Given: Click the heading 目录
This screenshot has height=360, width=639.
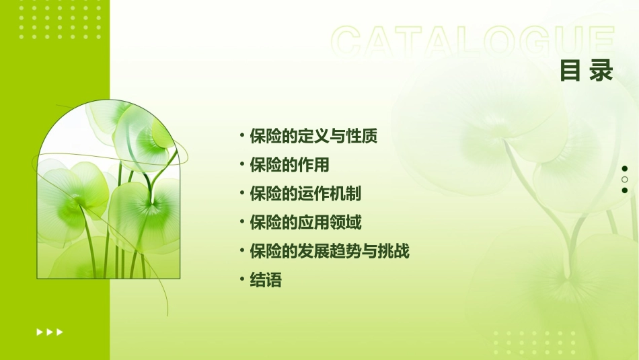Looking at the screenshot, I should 587,71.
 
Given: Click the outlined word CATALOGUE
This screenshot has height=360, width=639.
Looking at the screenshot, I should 473,42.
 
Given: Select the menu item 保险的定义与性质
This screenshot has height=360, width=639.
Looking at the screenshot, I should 313,137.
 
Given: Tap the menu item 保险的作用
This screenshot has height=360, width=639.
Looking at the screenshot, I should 289,165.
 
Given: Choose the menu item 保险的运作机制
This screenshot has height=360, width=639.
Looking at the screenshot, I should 305,194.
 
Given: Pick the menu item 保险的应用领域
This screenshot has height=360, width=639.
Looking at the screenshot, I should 305,222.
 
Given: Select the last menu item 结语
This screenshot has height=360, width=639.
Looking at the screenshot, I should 266,280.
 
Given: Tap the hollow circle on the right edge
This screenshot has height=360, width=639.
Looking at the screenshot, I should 625,180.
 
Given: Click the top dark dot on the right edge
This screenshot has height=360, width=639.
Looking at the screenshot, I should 625,169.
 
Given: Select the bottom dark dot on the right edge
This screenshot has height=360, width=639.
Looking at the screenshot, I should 625,190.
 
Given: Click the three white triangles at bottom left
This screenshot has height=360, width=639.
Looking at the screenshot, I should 50,332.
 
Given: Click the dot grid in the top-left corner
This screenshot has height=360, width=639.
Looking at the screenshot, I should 60,18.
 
